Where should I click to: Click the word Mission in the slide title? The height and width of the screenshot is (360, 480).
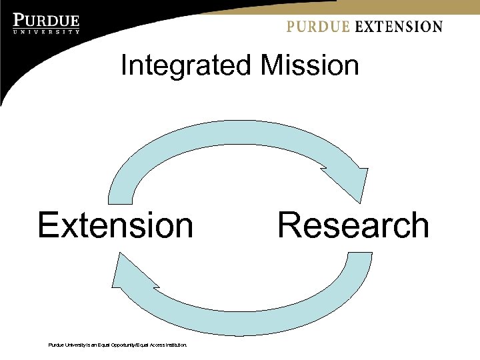[x=310, y=66]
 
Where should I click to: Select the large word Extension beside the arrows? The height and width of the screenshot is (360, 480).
[x=115, y=225]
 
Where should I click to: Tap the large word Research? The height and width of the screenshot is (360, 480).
[x=353, y=225]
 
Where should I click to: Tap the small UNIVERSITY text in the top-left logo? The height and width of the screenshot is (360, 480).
[x=47, y=31]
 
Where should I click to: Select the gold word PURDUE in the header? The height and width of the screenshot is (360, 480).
[x=318, y=27]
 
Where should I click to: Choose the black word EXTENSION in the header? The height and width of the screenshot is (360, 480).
[x=399, y=27]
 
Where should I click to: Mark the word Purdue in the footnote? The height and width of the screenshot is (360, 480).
[x=56, y=345]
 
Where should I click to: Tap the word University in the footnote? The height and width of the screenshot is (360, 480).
[x=74, y=345]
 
